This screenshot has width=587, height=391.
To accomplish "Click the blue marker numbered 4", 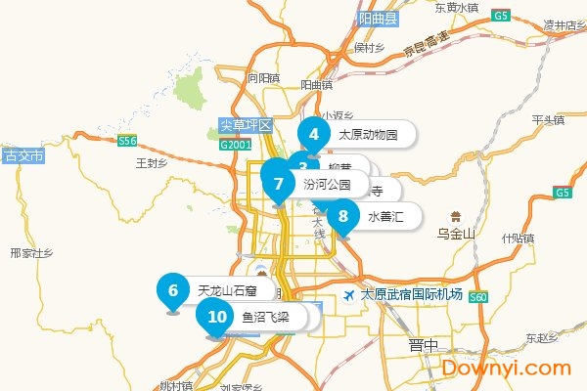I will coord(313,135).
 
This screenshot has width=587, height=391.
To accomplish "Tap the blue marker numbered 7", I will coord(279,183).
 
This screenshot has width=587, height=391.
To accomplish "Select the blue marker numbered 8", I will coord(342,216).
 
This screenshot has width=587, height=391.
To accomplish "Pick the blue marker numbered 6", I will coord(173,289).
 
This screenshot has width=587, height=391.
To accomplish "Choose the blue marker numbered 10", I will coord(217,316).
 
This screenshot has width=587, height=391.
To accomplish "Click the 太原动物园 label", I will coord(368,135).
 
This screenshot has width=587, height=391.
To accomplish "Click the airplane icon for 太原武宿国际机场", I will coord(349,294).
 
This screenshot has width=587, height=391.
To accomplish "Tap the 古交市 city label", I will coord(24,155).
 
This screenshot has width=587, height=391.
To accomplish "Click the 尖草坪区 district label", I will coord(245,126).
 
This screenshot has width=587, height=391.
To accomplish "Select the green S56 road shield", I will coord(127,142).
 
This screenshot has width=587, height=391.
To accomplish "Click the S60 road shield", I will coord(477,296).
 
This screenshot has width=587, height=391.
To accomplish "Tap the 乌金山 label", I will coord(455,234).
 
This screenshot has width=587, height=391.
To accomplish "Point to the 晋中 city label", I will coord(424,344).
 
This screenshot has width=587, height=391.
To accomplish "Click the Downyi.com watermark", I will coord(506,368).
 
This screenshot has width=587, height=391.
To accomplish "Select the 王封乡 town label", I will coord(153,162).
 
